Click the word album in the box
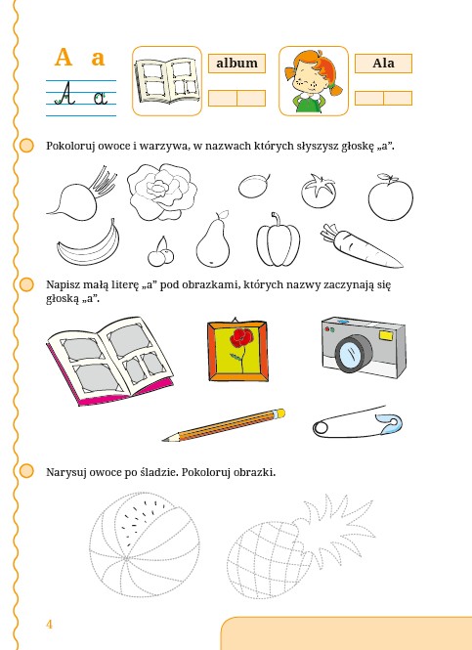coord(236,63)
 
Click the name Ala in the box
coord(383,63)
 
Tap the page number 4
coord(49,625)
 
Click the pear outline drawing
coord(213,241)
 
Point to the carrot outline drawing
coord(360,246)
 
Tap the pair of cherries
coord(161,252)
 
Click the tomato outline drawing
coord(319,191)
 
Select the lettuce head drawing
coord(161,192)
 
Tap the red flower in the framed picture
coord(241,338)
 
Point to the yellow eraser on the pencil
coord(280,412)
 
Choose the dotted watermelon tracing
coord(145,544)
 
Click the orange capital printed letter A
coord(64,58)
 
